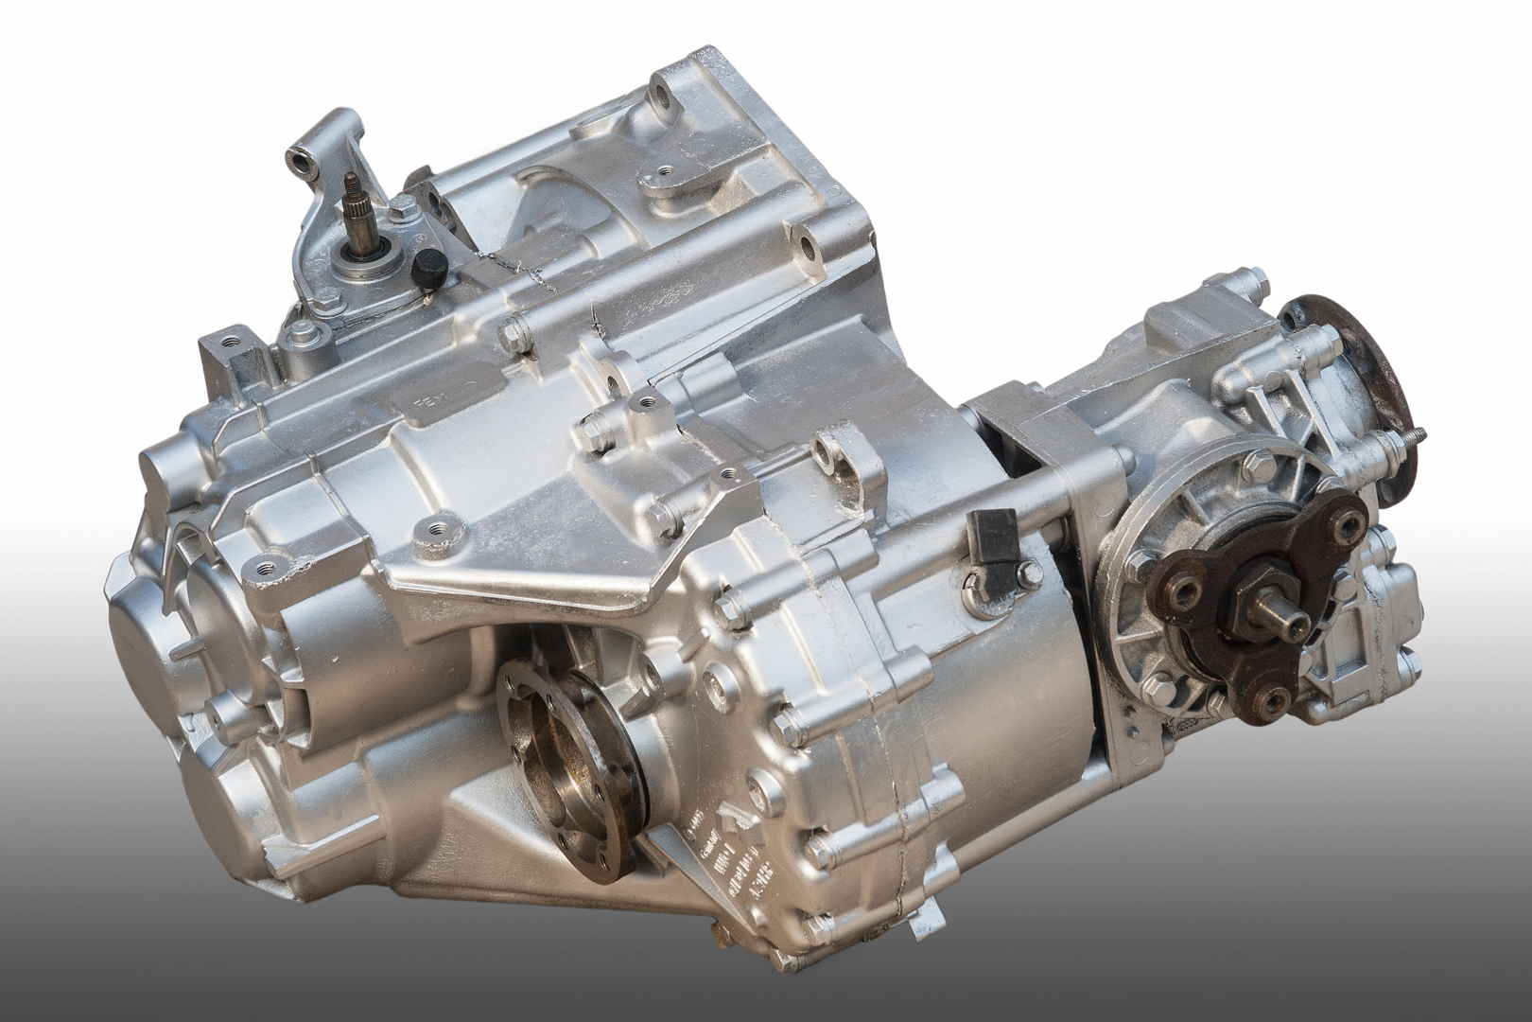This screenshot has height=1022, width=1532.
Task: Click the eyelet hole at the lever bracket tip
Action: click(302, 164)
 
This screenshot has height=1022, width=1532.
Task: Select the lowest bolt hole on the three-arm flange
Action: click(1268, 698)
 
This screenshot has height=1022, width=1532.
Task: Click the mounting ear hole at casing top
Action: click(657, 98)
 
